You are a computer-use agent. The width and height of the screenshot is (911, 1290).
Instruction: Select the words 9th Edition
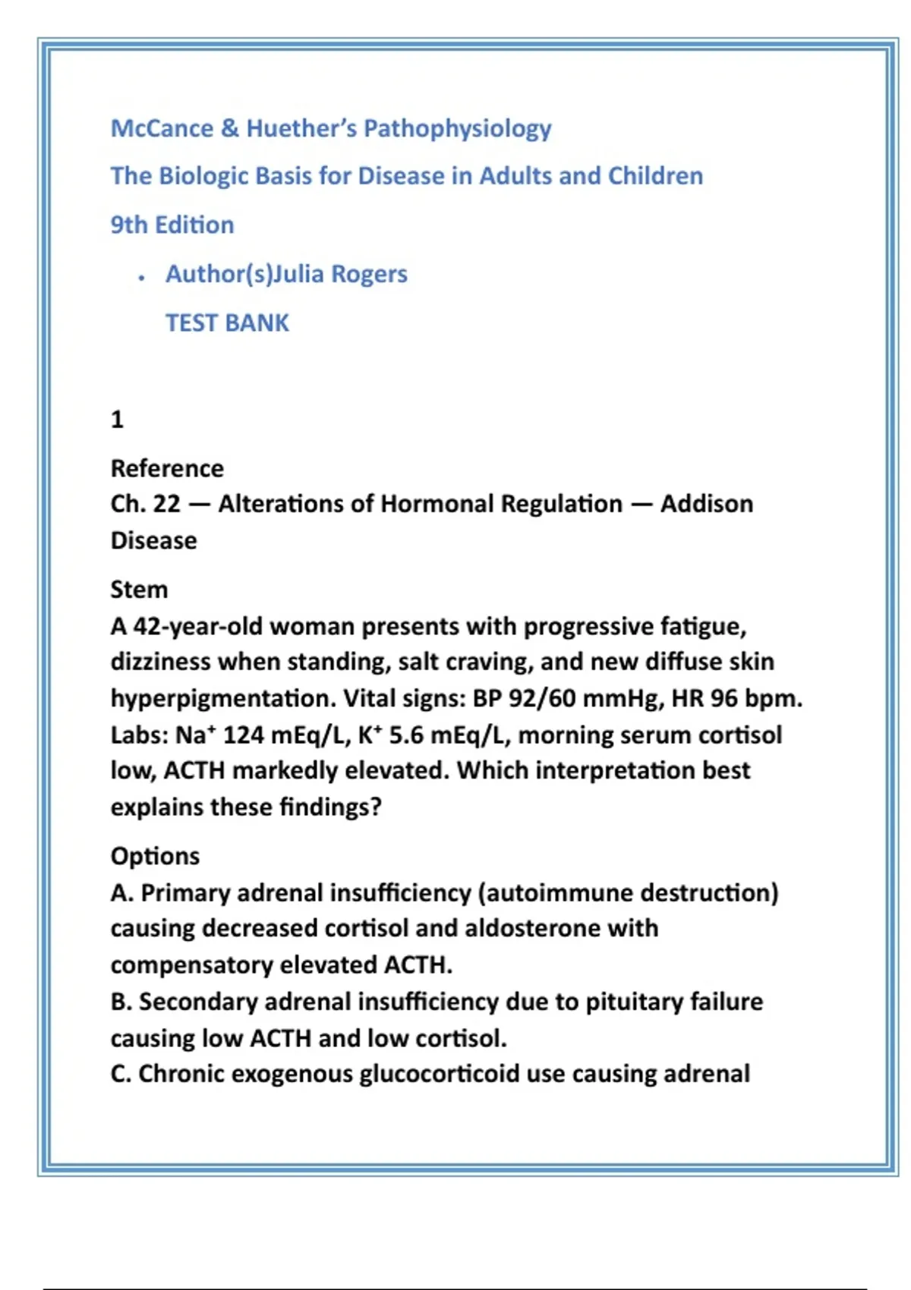[172, 225]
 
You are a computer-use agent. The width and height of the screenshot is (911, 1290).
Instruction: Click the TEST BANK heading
[227, 323]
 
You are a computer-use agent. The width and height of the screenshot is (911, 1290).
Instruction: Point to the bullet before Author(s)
[142, 278]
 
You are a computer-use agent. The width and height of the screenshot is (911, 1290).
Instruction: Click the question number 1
[117, 420]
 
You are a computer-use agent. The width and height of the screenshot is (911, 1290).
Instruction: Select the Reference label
[167, 469]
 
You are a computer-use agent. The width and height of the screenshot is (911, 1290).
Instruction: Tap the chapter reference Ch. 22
[145, 504]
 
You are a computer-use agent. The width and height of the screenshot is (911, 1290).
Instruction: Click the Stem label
[139, 590]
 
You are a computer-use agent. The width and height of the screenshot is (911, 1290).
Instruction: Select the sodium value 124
[243, 735]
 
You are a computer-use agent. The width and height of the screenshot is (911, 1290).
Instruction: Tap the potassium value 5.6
[406, 735]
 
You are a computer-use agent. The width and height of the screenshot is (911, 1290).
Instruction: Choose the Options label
[155, 856]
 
